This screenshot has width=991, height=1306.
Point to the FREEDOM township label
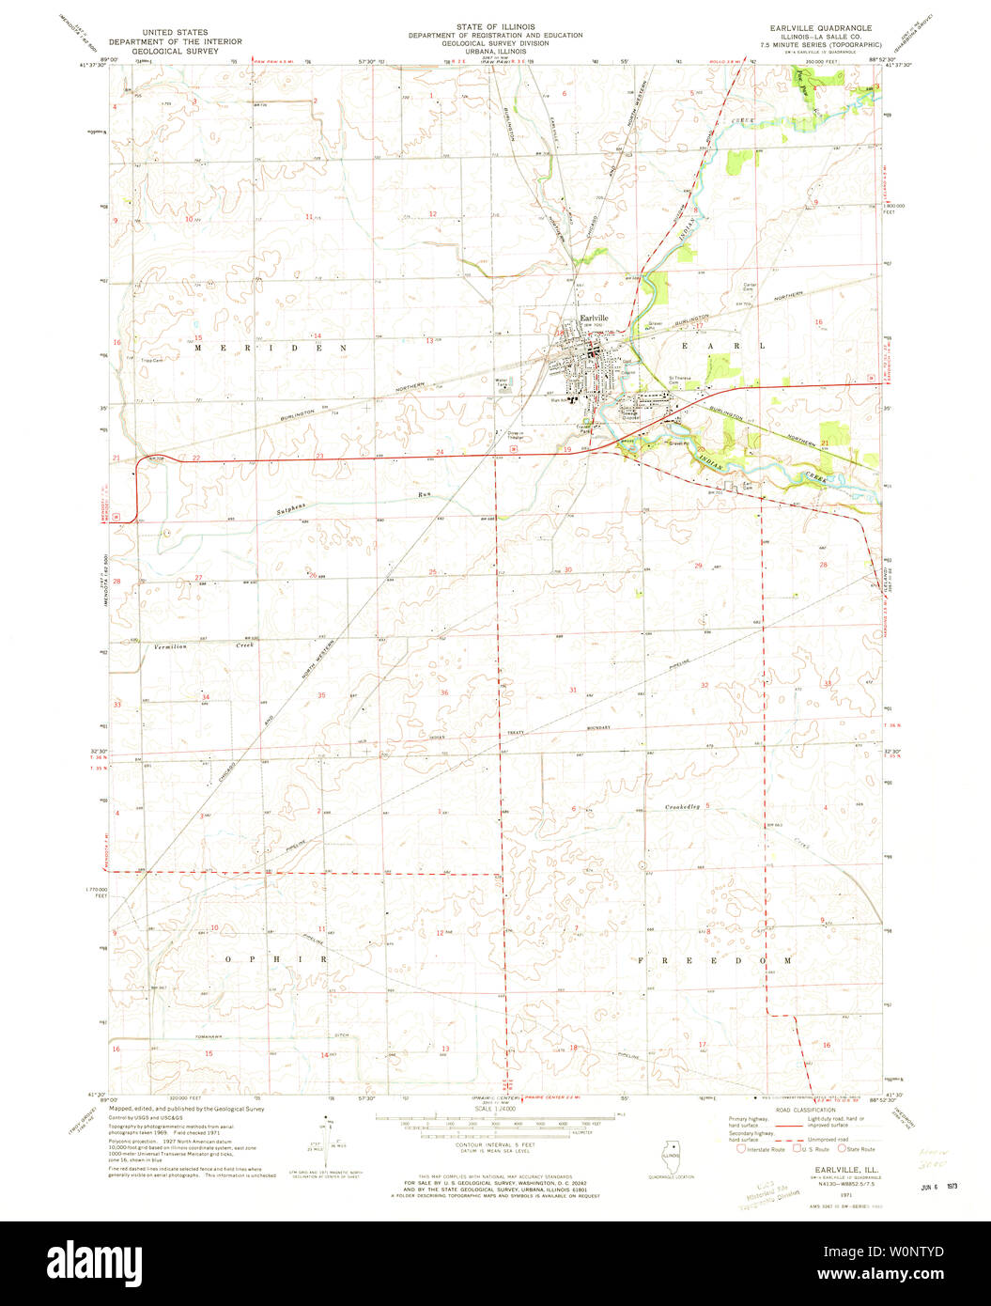[x=716, y=961]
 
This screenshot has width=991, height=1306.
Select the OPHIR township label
[x=275, y=959]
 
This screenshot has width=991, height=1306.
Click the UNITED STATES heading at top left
[x=175, y=32]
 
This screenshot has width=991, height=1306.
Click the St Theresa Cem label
[x=679, y=379]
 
